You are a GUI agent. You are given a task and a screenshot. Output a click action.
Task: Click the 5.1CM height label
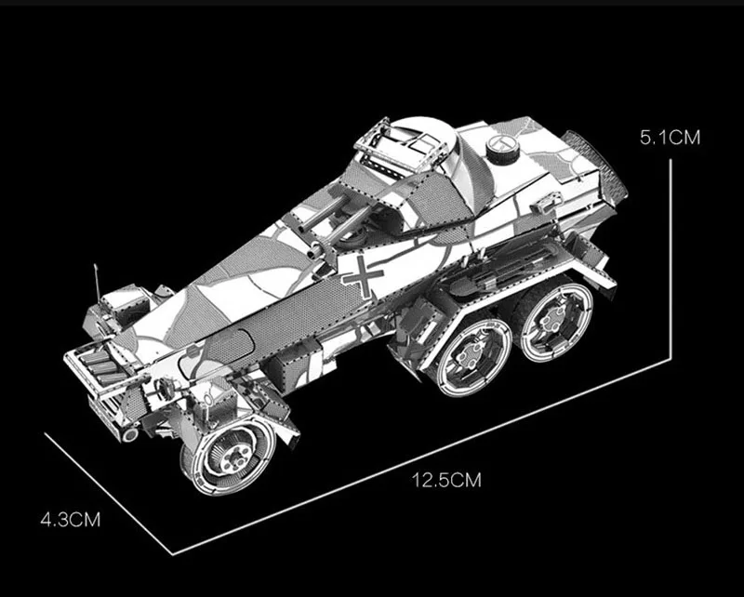coord(670,138)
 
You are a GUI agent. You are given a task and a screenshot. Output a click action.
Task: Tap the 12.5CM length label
coord(446,480)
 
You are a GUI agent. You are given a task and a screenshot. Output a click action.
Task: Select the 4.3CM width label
coord(71,519)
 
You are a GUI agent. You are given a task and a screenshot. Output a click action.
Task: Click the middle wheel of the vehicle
coord(472,357)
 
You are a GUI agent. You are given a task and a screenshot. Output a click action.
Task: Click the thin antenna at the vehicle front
coord(98,284)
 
